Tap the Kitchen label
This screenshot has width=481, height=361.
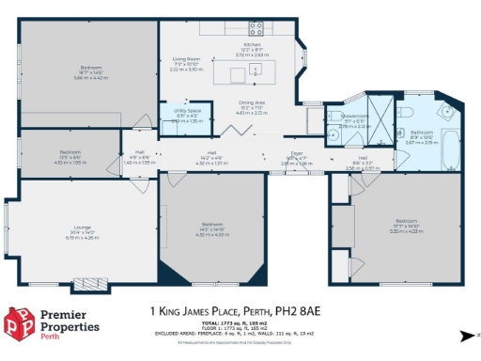[x=252, y=44]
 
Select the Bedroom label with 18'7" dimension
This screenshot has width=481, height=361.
[x=91, y=68]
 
